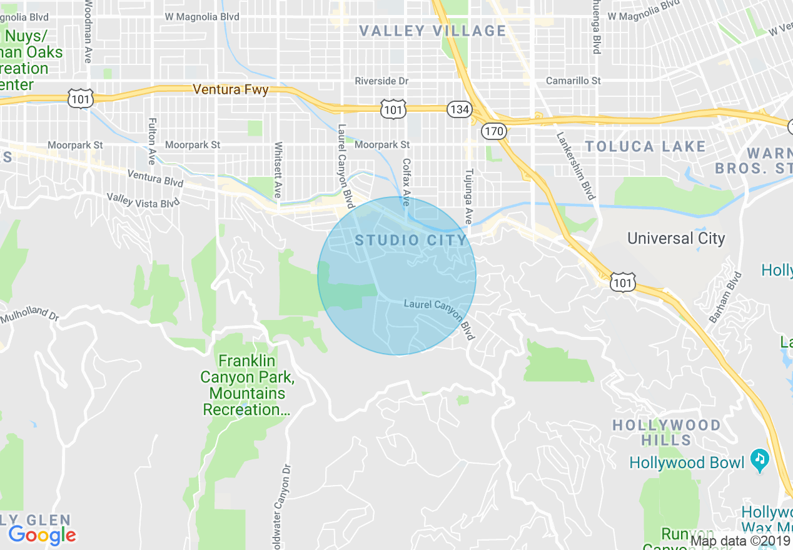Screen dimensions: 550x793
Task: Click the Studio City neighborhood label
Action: point(411,240)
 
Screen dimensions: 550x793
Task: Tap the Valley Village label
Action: point(433,31)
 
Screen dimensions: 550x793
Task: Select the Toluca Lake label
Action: point(645,147)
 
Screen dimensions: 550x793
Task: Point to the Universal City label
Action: point(676,238)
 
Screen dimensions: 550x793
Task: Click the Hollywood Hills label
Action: point(666,432)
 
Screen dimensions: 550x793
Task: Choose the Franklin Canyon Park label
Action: point(246,385)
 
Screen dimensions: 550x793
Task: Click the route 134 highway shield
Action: point(459,109)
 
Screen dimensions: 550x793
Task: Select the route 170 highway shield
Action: point(493,131)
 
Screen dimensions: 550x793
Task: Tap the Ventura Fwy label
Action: point(230,89)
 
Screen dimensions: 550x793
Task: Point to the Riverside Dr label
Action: point(381,81)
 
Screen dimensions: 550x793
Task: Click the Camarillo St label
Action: point(573,81)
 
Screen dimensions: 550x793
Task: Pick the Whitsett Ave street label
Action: point(278,170)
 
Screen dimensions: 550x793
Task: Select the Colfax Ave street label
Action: point(407,182)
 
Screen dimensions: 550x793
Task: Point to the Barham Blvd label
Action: point(725,297)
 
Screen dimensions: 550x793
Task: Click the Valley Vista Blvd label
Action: point(143,200)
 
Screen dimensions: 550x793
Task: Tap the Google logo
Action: point(42,535)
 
